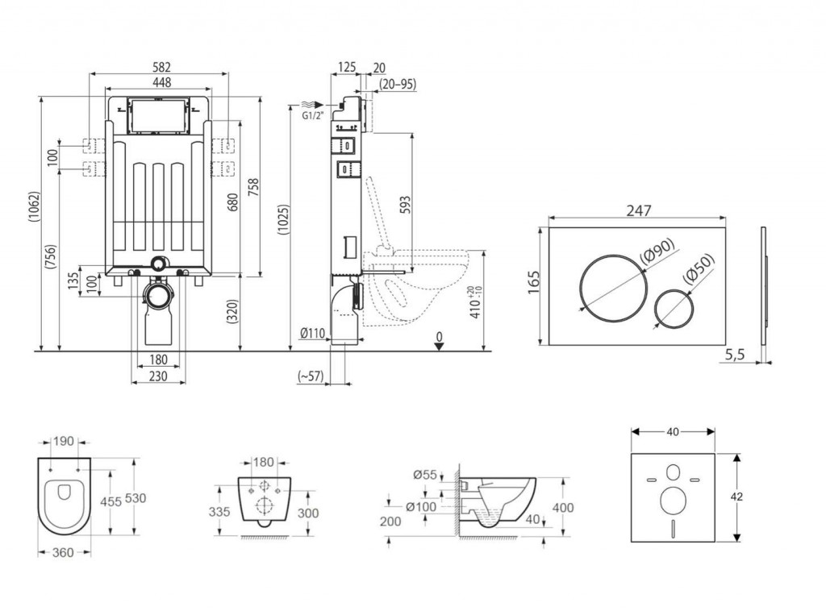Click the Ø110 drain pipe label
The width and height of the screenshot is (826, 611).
click(x=312, y=334)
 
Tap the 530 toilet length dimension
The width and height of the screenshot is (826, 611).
click(x=136, y=499)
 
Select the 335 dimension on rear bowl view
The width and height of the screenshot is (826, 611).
click(x=220, y=512)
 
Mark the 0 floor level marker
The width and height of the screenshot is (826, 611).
click(x=439, y=336)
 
